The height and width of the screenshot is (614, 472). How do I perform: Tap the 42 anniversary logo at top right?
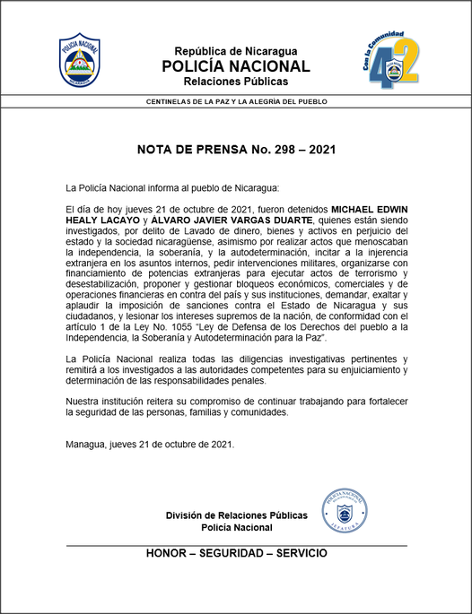click(392, 60)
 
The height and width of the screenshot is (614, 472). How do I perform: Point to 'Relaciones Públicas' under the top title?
click(235, 82)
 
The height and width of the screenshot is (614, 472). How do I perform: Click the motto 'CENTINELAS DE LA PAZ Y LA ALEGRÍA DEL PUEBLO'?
click(236, 101)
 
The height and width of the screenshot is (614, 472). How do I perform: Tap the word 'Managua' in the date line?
click(88, 445)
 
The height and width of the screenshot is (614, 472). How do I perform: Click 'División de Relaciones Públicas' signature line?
click(236, 515)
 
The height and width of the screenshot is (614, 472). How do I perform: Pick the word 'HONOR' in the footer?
click(167, 553)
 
